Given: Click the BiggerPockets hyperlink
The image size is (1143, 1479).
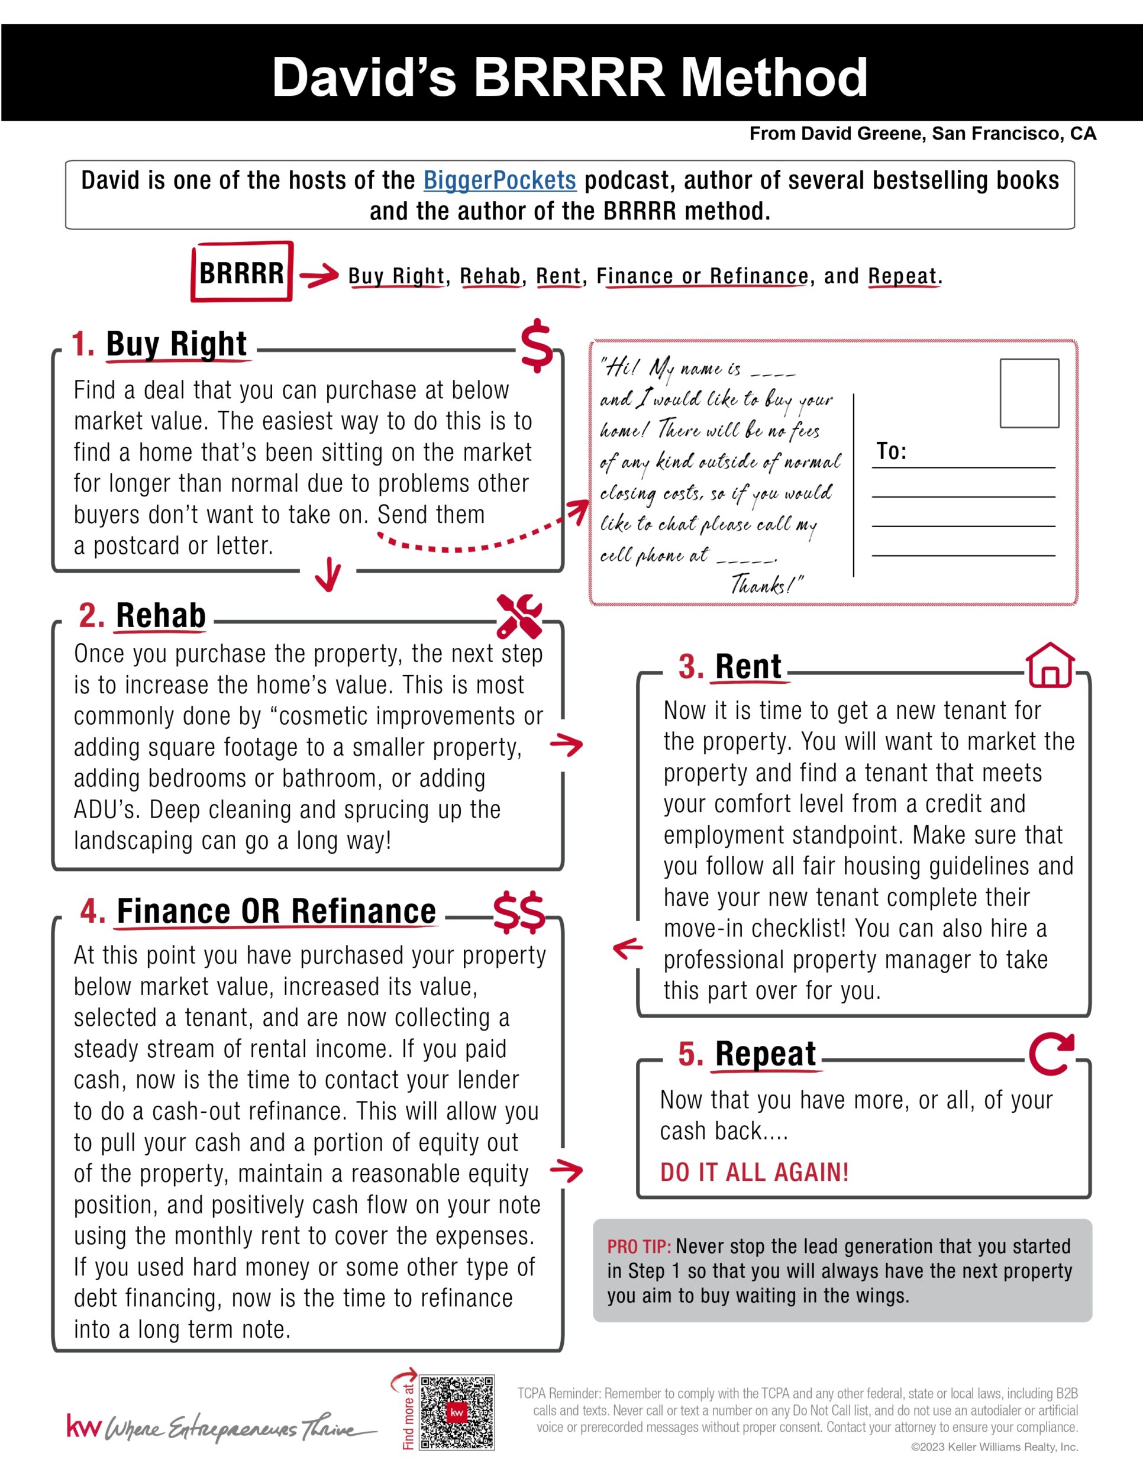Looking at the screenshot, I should [x=500, y=180].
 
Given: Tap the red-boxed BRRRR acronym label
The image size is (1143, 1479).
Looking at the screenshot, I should [x=242, y=272].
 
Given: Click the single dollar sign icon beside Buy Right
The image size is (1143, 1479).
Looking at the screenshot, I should [x=536, y=345].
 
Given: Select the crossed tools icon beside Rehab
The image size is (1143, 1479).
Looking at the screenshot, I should [x=519, y=616].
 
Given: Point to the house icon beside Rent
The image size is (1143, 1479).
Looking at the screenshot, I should [x=1050, y=665].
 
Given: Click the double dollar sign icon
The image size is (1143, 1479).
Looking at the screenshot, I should [x=519, y=912].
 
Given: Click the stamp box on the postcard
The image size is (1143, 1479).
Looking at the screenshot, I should [x=1029, y=393].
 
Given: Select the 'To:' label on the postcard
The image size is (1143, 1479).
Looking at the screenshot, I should [x=891, y=451].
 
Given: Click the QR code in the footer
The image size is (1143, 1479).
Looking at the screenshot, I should [x=457, y=1412].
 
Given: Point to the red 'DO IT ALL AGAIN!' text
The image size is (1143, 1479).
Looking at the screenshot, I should [x=754, y=1172].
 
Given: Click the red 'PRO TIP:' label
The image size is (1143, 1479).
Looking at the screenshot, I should [x=638, y=1247].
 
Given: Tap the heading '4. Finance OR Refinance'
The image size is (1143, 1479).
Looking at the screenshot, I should [x=258, y=912].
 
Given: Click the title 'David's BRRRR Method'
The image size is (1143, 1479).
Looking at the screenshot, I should [x=570, y=76].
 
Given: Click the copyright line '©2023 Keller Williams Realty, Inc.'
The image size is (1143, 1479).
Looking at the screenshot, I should [x=994, y=1447].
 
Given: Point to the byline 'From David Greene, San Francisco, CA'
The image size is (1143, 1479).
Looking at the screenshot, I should [x=922, y=134].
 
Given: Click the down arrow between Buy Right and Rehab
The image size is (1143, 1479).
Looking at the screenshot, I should [x=328, y=574].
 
